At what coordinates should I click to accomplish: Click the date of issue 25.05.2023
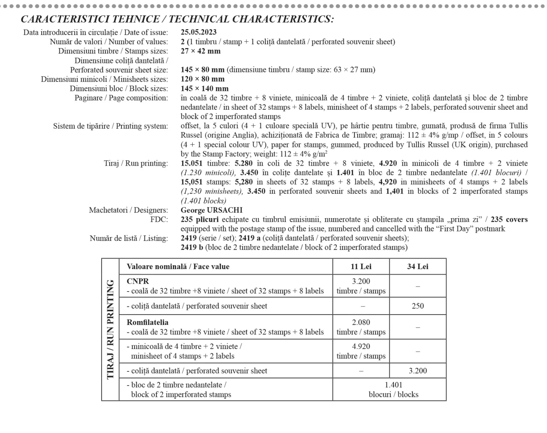coord(198,32)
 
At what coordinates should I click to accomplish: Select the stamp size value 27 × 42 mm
coord(200,51)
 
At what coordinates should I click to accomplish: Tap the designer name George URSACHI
coord(212,210)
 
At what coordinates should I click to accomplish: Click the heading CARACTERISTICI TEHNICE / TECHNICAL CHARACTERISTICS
coord(177,19)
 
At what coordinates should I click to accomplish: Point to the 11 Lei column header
coord(361,267)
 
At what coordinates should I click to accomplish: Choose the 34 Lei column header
coord(418,267)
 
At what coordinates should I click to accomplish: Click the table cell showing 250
coord(418,306)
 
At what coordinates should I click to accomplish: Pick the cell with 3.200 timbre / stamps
coord(361,286)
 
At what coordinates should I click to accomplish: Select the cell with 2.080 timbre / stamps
coord(361,327)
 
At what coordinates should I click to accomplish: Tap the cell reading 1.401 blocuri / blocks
coord(394,390)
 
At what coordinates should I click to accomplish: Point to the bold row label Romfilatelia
coord(147,322)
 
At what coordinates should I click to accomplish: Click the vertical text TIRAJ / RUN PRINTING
coord(110,329)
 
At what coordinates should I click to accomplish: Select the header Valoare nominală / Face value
coord(178,267)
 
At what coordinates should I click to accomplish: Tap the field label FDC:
coord(159,220)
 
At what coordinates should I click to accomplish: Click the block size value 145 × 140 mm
coord(204,88)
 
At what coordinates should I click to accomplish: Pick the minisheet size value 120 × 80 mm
coord(202,79)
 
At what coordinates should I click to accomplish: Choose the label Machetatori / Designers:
coord(128,210)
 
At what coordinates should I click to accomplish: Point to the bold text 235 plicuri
coord(199,220)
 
